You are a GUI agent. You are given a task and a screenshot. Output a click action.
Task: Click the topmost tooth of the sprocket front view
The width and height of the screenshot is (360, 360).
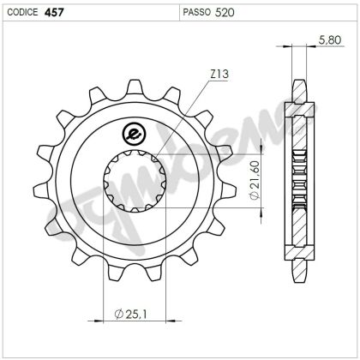[x=134, y=87]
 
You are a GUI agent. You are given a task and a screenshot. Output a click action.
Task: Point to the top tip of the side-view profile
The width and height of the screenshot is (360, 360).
[x=298, y=81]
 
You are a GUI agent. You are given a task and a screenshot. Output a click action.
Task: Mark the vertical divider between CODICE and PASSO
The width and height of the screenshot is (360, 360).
[x=178, y=12]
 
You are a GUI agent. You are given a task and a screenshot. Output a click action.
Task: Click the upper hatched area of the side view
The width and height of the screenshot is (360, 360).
[x=298, y=120]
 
